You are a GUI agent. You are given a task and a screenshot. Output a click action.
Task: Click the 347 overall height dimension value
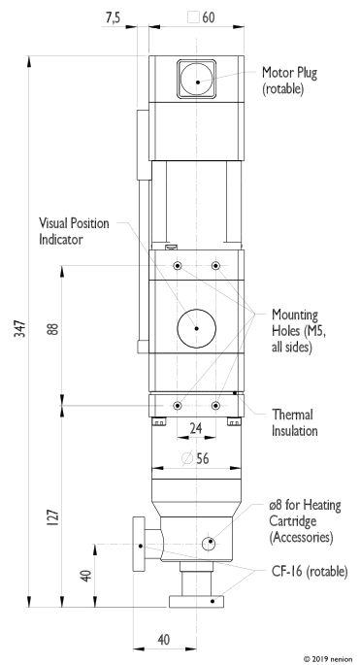coord(20,329)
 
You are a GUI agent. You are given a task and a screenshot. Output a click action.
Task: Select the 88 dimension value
coord(53,329)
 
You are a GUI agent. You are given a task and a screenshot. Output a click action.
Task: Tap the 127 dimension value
coord(53,517)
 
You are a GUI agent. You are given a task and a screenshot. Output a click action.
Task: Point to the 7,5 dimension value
coord(113,17)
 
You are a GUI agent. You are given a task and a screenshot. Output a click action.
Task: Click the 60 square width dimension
coord(202,17)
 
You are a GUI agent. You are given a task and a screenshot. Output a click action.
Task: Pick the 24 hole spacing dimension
coord(196,428)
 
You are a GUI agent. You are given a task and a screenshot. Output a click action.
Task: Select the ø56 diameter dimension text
coord(195,458)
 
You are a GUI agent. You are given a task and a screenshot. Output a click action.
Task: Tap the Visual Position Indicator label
coord(74,231)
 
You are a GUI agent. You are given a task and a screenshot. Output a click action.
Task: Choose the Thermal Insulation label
coord(295,422)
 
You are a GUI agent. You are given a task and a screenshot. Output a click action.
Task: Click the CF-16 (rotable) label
coord(310,572)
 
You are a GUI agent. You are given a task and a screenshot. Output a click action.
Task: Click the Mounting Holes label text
coord(299,331)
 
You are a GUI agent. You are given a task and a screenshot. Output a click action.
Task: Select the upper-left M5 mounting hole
coord(178,266)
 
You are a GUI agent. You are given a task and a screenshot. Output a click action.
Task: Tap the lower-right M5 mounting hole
coord(215,406)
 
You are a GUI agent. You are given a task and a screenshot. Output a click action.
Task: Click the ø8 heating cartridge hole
coord(209,544)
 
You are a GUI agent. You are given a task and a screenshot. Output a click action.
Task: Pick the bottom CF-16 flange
coord(196,601)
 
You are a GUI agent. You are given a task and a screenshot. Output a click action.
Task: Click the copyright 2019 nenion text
coord(328,659)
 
